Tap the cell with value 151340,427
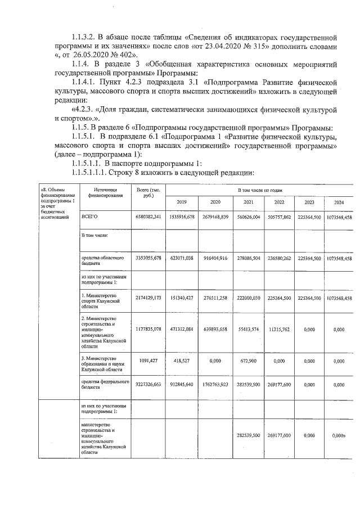click(x=182, y=298)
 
